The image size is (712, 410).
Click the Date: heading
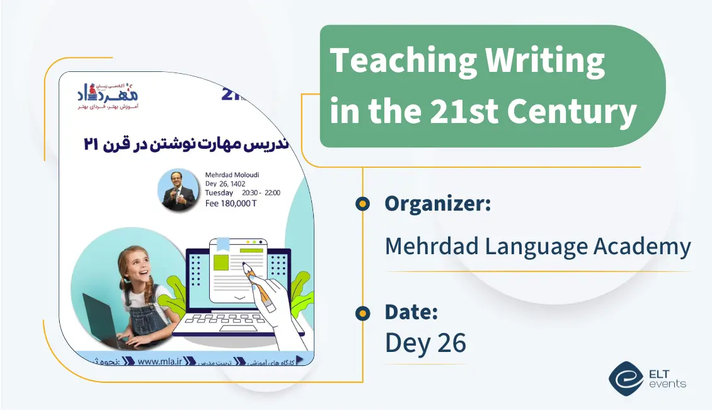click(x=411, y=312)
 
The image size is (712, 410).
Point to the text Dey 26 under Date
click(x=425, y=343)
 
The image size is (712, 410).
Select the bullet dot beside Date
click(x=362, y=312)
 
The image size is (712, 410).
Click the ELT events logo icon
click(x=626, y=377)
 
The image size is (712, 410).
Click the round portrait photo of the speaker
click(x=179, y=189)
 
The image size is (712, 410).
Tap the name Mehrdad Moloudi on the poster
click(x=232, y=175)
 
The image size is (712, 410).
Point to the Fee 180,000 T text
click(x=231, y=203)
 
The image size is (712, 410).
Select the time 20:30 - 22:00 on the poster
click(x=261, y=193)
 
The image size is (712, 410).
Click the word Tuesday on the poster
click(x=219, y=193)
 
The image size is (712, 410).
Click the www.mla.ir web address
click(x=159, y=361)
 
